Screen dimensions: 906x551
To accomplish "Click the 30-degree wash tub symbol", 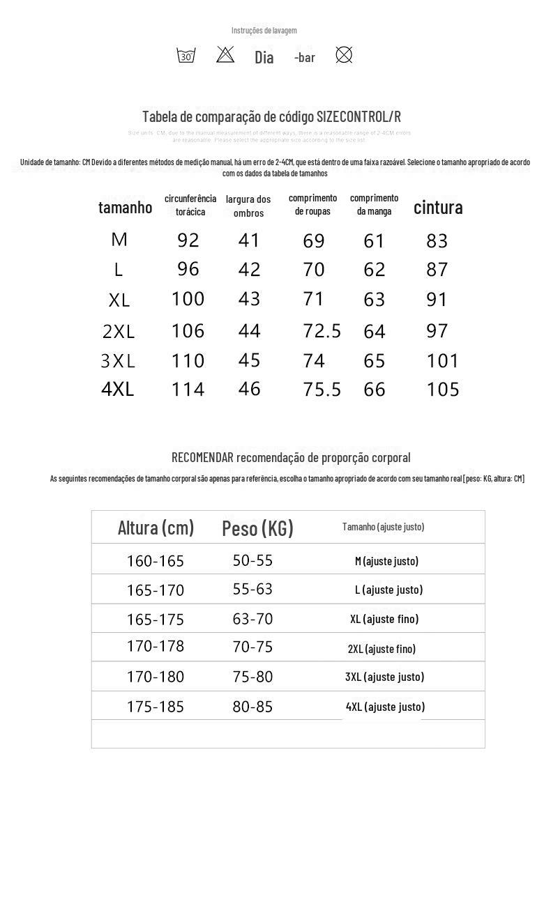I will pos(186,55).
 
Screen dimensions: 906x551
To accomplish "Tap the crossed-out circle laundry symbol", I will pos(344,54).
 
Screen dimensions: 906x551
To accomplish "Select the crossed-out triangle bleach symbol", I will pos(225,54).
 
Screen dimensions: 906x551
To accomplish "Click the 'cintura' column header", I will pos(438,207).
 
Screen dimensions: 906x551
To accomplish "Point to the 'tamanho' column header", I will pos(125,207).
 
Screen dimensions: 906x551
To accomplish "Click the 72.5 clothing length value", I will pos(322,331).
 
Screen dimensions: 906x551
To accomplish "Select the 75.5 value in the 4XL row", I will pos(322,390).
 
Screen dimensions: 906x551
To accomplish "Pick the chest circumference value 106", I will pos(188,331).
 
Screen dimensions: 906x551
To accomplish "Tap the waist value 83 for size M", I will pos(437,241).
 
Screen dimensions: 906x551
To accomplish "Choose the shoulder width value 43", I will pos(249,299).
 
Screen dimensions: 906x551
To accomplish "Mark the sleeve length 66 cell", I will pos(375,390).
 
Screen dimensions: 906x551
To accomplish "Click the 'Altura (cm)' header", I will pos(156,528).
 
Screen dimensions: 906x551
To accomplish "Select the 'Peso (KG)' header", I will pos(257,528).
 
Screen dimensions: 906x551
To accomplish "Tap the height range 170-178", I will pos(156,647).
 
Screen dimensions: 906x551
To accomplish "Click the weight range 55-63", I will pos(252,590).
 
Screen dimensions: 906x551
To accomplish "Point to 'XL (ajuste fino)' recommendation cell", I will pos(384,619).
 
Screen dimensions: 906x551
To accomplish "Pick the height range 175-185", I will pos(156,707).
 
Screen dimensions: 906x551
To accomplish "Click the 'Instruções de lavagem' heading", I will pos(264,31).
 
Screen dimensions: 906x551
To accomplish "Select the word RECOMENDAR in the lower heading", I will pos(202,458).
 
